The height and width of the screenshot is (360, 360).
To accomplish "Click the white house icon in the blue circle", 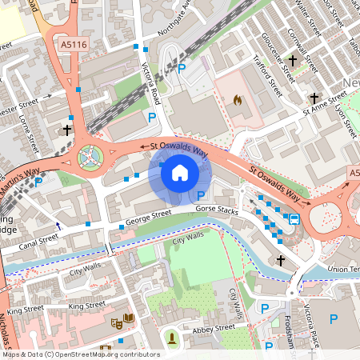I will pos(180,172).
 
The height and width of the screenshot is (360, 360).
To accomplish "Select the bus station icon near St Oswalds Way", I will pos(294,218).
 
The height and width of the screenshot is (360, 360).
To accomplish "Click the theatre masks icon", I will pos(116,322).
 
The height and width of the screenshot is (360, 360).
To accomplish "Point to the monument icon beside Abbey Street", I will pos(171,339).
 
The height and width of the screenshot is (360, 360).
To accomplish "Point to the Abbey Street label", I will pos(213,327).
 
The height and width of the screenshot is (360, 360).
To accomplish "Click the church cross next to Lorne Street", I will pos(66,128).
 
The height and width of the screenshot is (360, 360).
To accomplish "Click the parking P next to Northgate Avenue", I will pos(182,70).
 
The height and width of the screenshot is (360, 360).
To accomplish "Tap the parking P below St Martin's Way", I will pos(38,182).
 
